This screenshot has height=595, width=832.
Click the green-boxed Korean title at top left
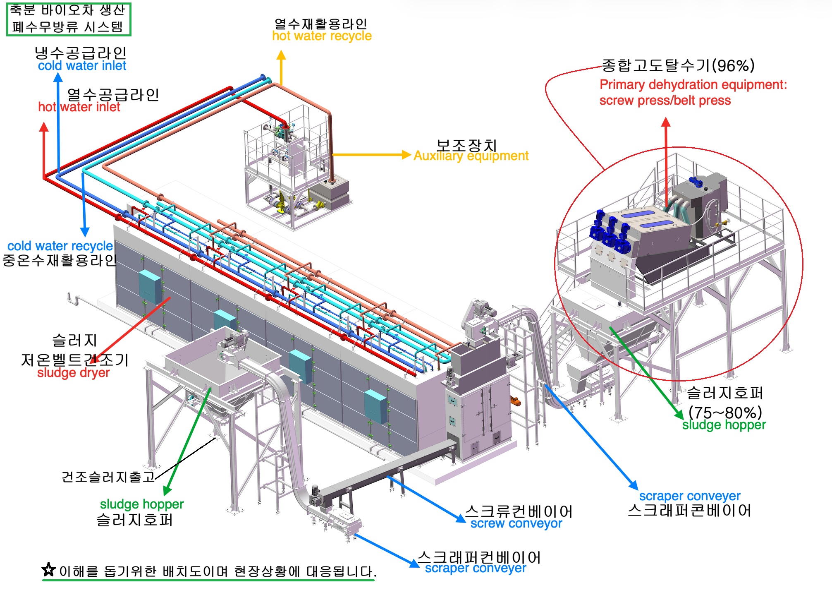69,19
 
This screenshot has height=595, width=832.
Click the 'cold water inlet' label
82,66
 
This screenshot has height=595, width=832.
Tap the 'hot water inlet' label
79,107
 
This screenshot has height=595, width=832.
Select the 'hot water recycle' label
322,36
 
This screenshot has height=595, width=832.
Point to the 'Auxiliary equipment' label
471,156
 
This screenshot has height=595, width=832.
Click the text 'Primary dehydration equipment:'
693,85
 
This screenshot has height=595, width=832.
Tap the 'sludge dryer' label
74,373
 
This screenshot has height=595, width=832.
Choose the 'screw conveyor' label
516,523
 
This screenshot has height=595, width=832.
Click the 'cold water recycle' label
60,246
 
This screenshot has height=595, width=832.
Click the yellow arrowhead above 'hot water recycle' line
281,55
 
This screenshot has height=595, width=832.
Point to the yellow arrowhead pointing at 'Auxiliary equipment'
406,155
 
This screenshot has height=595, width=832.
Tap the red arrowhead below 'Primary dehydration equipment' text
666,122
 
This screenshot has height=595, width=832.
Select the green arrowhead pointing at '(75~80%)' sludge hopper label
679,414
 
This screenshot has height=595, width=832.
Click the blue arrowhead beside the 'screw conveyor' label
461,518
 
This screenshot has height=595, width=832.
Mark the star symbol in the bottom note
49,570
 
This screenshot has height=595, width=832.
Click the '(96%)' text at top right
733,65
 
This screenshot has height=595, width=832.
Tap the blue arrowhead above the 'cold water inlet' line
58,78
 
